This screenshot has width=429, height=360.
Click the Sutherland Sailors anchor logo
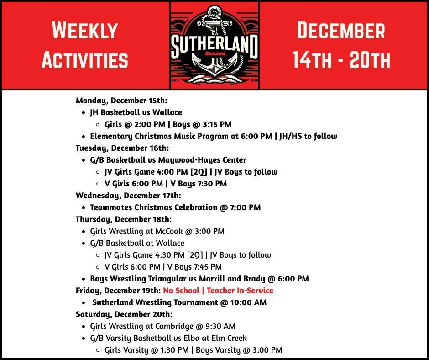click(x=214, y=44)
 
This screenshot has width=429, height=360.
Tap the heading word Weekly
click(x=85, y=30)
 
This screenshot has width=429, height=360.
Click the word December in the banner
click(x=341, y=30)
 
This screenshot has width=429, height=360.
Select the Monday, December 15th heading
click(x=121, y=101)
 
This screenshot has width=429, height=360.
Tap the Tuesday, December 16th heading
click(x=122, y=148)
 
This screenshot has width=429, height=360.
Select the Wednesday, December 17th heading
click(x=128, y=196)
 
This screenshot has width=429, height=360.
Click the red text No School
click(x=181, y=291)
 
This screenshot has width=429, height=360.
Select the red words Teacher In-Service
click(x=240, y=291)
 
